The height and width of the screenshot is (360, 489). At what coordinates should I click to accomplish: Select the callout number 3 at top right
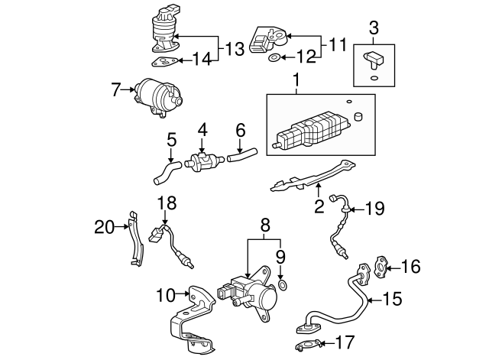click(374, 29)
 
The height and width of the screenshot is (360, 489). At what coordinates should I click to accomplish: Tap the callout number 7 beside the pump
click(115, 90)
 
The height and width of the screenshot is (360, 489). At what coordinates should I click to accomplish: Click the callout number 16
click(410, 266)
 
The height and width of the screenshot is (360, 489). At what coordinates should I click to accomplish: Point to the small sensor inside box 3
click(373, 58)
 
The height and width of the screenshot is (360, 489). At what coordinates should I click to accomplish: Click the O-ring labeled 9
click(283, 286)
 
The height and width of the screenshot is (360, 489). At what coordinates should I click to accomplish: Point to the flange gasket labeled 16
click(381, 265)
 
